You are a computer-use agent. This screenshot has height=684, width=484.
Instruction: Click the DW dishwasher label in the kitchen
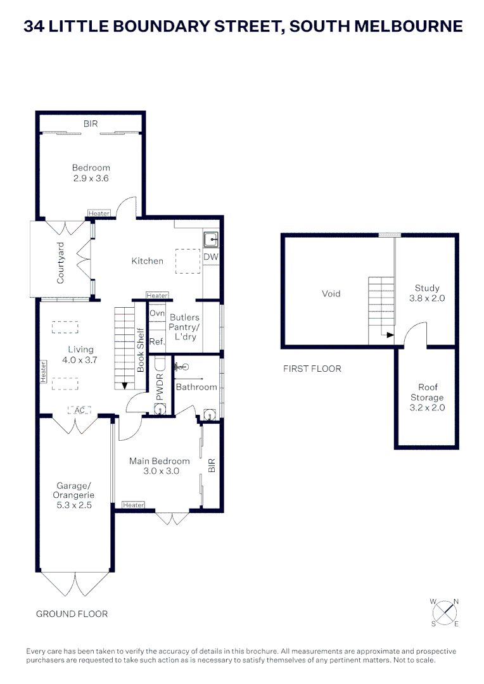210,256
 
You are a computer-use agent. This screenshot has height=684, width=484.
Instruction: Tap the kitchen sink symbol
210,239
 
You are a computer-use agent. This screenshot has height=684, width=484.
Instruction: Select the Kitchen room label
147,261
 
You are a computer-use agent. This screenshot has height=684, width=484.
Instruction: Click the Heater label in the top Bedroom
99,213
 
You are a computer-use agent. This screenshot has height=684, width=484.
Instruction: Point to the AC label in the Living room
79,410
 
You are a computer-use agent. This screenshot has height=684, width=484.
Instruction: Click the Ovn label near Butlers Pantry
157,313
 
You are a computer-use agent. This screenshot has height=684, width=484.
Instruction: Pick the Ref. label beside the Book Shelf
157,341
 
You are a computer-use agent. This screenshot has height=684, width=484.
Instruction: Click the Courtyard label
61,262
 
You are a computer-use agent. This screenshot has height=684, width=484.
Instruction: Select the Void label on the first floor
331,293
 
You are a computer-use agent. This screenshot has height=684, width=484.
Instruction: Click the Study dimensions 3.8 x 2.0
427,298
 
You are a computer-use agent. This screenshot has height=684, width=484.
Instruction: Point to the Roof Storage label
428,392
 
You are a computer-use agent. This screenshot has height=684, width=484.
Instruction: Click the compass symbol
445,612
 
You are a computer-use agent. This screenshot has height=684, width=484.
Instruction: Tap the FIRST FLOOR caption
312,369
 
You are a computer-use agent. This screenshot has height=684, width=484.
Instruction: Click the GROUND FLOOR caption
72,614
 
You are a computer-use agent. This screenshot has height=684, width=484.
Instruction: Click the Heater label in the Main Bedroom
134,505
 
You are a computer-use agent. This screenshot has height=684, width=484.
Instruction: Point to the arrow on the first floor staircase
389,335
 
